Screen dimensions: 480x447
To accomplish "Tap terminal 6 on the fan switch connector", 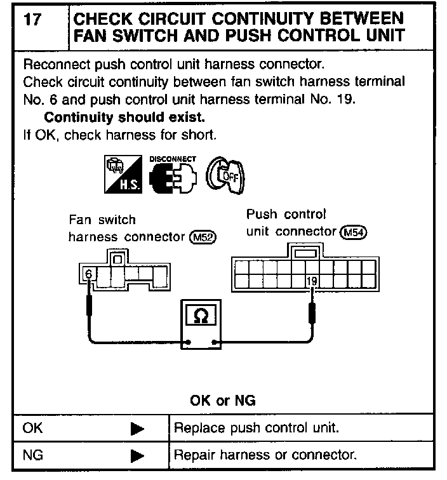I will coord(88,275).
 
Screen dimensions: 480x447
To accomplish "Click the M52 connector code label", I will coord(203,237).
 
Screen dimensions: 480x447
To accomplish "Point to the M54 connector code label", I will coord(354,232).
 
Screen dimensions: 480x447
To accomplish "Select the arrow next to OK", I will coord(137,429).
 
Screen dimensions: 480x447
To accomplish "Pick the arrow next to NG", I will coord(137,455).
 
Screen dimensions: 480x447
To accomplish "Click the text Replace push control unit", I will coord(257,429).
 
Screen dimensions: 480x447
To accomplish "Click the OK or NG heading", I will coord(223,401).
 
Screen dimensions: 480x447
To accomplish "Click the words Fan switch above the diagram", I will coord(102,220).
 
